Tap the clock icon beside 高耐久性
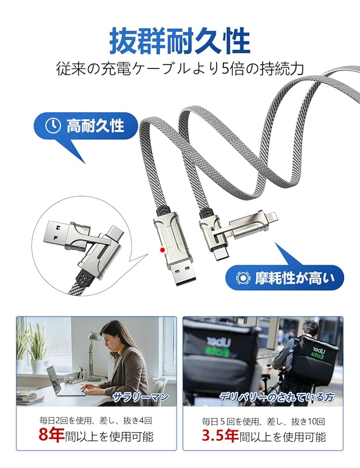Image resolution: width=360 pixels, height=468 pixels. (53, 125)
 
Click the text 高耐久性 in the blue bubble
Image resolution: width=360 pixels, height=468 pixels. (95, 125)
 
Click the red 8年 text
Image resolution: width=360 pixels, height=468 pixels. (51, 436)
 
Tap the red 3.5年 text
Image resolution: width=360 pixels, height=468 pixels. (220, 436)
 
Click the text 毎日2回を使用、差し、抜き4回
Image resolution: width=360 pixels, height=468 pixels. (96, 420)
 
